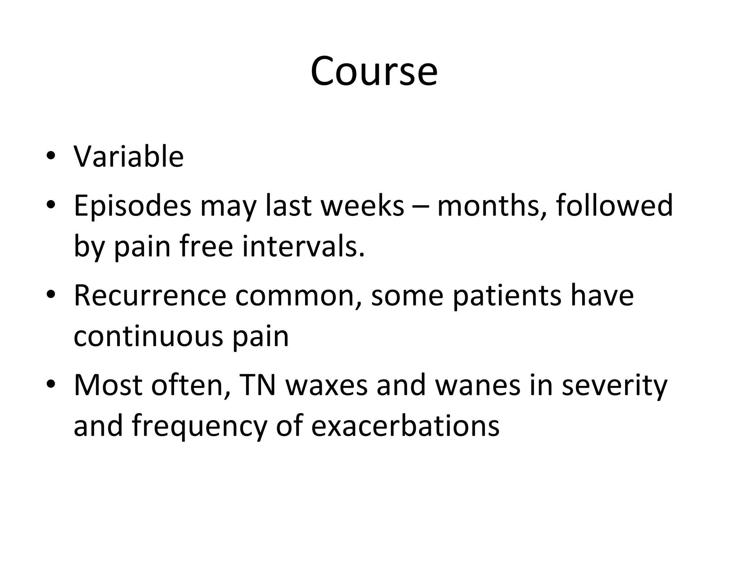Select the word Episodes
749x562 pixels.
[132, 206]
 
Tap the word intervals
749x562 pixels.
[303, 246]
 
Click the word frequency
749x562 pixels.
[200, 427]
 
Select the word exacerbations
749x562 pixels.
[405, 426]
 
